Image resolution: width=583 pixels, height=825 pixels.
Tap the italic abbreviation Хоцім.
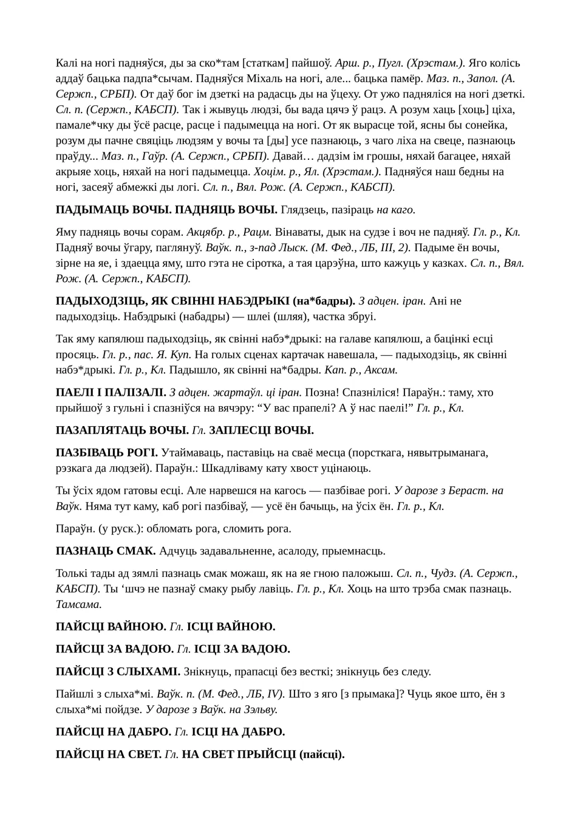[x=268, y=171]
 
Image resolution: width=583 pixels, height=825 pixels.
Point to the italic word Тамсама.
[x=78, y=604]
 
